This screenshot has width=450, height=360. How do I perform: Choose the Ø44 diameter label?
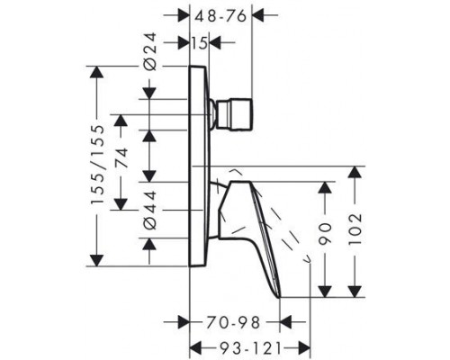coord(151,212)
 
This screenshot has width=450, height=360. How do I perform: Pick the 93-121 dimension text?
coord(235,346)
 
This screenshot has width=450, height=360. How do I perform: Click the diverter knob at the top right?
coord(241,114)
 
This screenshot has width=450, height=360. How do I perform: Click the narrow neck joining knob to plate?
coord(215,114)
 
